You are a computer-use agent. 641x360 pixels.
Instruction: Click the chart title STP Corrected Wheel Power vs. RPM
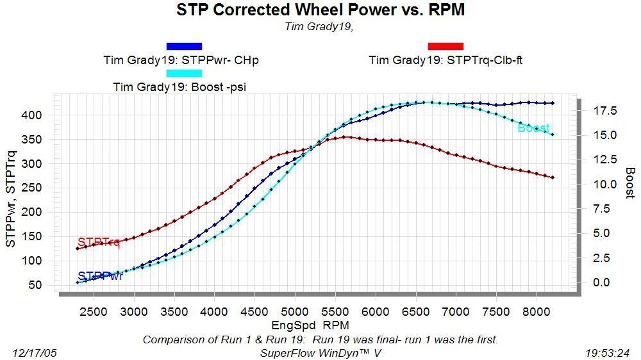pyautogui.click(x=320, y=10)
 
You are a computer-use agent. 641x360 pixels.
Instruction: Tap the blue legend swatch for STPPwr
pyautogui.click(x=184, y=46)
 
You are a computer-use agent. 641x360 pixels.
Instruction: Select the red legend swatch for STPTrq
pyautogui.click(x=445, y=46)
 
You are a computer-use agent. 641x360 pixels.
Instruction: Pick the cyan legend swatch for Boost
pyautogui.click(x=184, y=73)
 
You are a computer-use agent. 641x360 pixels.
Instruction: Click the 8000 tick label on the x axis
pyautogui.click(x=536, y=312)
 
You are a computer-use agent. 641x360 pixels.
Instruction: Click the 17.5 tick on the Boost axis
pyautogui.click(x=604, y=111)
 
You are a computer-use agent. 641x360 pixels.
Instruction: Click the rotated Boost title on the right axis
pyautogui.click(x=630, y=183)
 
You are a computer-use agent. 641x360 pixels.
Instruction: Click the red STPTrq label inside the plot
pyautogui.click(x=99, y=242)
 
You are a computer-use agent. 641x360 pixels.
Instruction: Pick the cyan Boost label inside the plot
pyautogui.click(x=533, y=128)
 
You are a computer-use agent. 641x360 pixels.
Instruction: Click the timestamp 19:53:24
pyautogui.click(x=607, y=352)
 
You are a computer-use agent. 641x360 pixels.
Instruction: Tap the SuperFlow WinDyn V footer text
pyautogui.click(x=319, y=352)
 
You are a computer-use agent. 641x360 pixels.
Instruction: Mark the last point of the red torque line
pyautogui.click(x=553, y=177)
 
